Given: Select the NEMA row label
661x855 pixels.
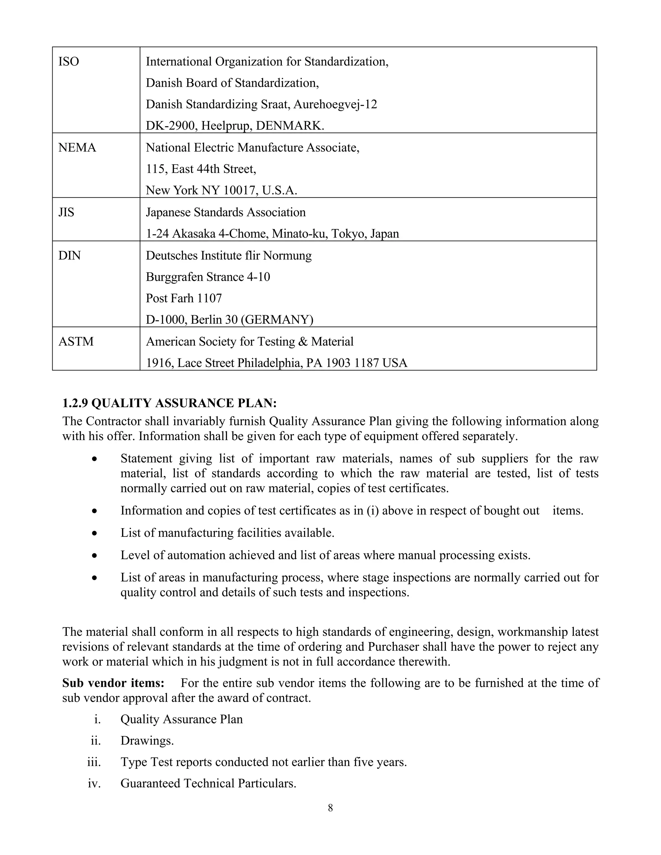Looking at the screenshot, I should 77,147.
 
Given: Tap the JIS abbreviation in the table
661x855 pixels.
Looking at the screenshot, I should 66,212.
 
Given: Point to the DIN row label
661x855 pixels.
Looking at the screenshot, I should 69,256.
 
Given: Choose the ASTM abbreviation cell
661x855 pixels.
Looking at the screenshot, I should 76,342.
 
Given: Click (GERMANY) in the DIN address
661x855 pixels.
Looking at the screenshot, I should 277,320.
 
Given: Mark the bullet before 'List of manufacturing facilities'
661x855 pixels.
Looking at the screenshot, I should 94,533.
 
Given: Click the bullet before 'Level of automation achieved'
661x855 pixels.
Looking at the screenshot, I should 94,556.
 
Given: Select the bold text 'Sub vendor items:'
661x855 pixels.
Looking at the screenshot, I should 113,683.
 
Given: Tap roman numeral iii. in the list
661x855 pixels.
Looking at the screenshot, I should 94,762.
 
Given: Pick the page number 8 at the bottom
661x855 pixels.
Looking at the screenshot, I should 330,808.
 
